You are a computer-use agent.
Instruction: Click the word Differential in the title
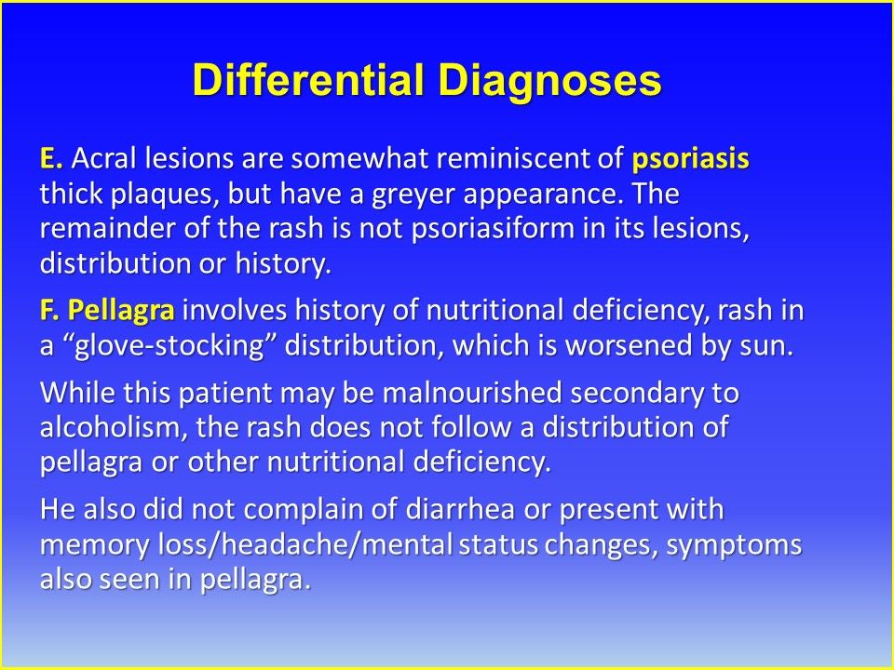click(x=309, y=79)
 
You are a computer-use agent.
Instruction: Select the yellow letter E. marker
click(x=50, y=158)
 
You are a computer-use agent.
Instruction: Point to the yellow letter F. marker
click(x=50, y=311)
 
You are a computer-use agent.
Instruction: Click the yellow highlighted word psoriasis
click(x=690, y=159)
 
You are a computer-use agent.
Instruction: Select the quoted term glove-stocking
click(x=169, y=346)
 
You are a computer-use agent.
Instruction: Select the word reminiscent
click(x=512, y=159)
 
